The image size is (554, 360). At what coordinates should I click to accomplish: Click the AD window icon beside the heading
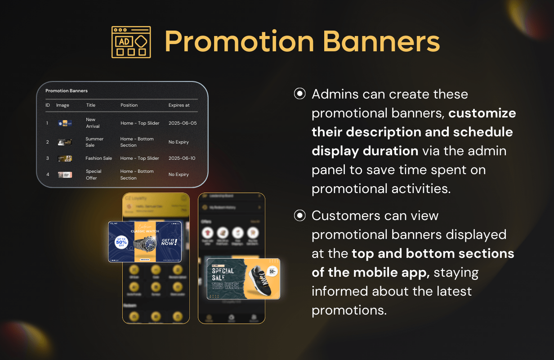coord(131,42)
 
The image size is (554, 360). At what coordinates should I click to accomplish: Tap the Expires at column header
coord(179,105)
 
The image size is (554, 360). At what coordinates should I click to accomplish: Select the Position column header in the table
coord(129,105)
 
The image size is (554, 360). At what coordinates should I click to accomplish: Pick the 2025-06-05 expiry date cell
coord(182,123)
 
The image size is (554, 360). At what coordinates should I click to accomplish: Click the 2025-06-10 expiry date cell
coord(182,158)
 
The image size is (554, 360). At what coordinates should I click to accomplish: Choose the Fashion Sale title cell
coord(98,158)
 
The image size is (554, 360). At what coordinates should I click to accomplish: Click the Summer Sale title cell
coord(94,142)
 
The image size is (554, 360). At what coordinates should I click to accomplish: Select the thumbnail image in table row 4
coord(65,175)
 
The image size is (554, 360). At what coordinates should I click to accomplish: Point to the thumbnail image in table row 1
coord(65,123)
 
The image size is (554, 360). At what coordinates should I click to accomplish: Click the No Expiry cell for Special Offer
coord(179,175)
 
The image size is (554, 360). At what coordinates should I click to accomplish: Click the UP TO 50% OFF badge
coord(121,243)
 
